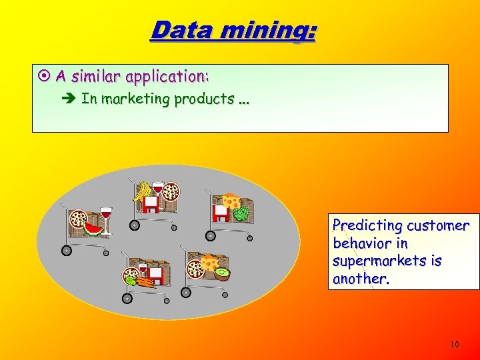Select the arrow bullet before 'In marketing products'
[x=71, y=99]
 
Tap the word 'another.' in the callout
[x=361, y=279]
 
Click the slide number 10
[x=454, y=345]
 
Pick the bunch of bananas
[x=141, y=191]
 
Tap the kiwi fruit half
[x=221, y=274]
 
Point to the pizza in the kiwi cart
[x=196, y=269]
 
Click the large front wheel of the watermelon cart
[x=67, y=251]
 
